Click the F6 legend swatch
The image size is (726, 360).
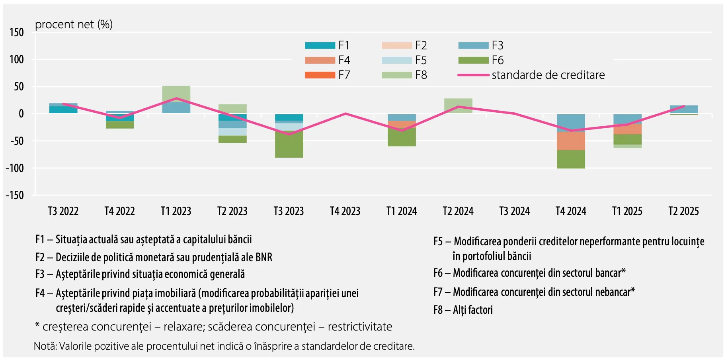[x=473, y=60]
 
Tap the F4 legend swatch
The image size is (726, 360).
[x=320, y=60]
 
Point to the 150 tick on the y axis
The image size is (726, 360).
[x=17, y=32]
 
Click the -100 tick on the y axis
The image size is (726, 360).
[x=15, y=168]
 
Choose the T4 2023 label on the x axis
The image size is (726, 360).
[x=345, y=211]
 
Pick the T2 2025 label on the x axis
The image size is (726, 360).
[x=683, y=211]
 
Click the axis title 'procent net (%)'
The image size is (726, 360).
[x=74, y=25]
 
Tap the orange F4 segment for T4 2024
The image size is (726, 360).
[x=571, y=141]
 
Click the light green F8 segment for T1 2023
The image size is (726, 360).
[x=176, y=94]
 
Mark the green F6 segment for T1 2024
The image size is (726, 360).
[x=402, y=137]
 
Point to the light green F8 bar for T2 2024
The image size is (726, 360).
[x=458, y=106]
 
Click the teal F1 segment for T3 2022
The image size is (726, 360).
[x=63, y=110]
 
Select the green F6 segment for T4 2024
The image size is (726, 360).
[x=571, y=159]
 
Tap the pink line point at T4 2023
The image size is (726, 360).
[x=345, y=113]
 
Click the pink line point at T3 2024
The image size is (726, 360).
[x=514, y=113]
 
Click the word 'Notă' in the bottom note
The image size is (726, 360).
[x=45, y=346]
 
